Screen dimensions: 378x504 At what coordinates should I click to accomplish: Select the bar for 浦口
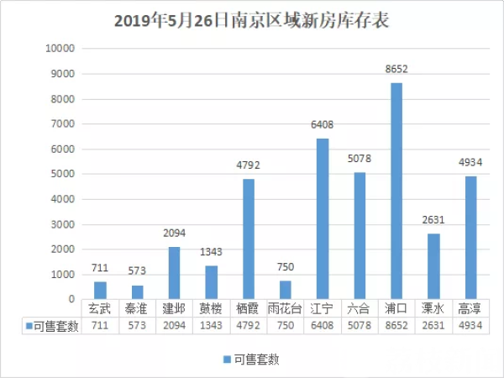tap(396, 191)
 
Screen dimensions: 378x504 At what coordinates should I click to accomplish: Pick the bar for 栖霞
tap(248, 239)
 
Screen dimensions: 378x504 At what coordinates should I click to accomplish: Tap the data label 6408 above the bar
tap(322, 125)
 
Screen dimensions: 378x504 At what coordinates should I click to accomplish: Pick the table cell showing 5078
tap(359, 326)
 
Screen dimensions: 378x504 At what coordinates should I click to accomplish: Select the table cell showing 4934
tap(470, 326)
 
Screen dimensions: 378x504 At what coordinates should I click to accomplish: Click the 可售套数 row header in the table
tap(51, 326)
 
